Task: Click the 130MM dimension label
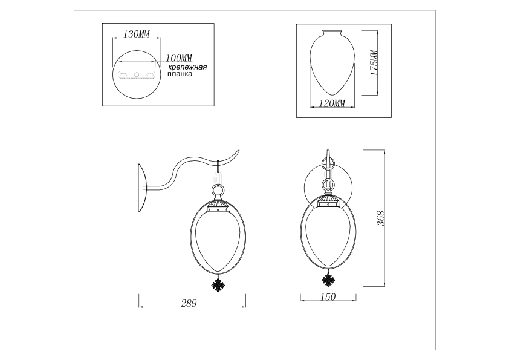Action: point(137,34)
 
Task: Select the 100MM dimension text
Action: point(179,58)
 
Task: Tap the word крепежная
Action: point(187,68)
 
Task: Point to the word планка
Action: point(180,74)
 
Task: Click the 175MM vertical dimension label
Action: point(374,63)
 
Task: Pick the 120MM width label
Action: point(332,103)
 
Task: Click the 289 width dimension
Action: point(189,303)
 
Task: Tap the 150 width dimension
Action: point(328,297)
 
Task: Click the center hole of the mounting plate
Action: point(137,75)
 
